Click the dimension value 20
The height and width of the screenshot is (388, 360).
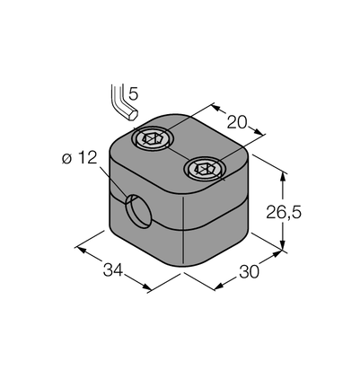[x=237, y=122]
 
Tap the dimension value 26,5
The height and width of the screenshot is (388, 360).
[x=284, y=212]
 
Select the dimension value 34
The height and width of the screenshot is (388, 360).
[x=113, y=269]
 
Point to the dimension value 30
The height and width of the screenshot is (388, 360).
[x=249, y=272]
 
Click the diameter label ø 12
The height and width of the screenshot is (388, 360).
[x=80, y=157]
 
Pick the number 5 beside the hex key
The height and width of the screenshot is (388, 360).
[x=133, y=94]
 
